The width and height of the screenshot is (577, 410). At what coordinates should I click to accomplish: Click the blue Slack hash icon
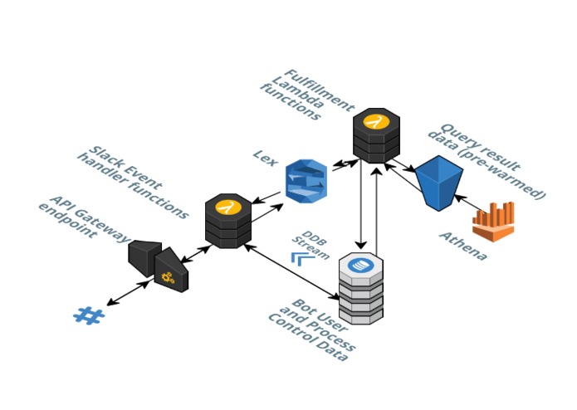[87, 315]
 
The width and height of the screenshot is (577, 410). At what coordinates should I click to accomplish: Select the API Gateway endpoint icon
[159, 265]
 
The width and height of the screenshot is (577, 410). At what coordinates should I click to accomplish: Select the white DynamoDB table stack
[361, 288]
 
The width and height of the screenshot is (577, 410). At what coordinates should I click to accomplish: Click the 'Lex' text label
[264, 157]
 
